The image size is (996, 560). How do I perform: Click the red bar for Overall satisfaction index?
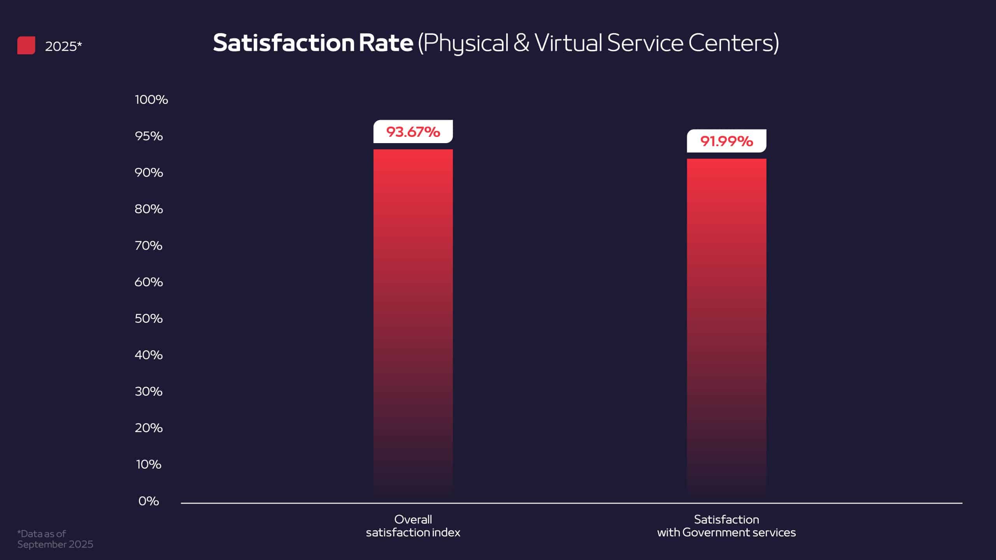(413, 323)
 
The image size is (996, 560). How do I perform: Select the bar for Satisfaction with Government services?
(726, 327)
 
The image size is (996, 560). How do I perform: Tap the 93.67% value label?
(413, 132)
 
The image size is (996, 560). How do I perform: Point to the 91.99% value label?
(726, 141)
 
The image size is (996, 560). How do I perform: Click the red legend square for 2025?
(26, 45)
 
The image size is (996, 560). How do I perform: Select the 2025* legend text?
(63, 46)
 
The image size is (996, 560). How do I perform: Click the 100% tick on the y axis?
(151, 100)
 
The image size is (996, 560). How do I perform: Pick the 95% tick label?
(149, 136)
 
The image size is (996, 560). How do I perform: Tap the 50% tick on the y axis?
(149, 318)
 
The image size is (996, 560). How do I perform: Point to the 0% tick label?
(149, 501)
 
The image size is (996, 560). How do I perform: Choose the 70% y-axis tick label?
(149, 245)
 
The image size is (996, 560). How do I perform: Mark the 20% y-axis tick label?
(149, 428)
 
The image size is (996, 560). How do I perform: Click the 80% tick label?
(149, 209)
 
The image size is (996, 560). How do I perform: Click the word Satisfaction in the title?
(284, 43)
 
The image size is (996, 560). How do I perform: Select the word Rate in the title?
(385, 43)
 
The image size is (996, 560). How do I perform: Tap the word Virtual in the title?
(568, 43)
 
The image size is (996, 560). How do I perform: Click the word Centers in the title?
(733, 43)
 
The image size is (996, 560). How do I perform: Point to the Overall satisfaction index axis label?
(413, 526)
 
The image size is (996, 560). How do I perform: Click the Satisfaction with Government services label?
(726, 526)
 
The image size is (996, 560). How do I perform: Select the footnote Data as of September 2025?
(55, 539)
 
